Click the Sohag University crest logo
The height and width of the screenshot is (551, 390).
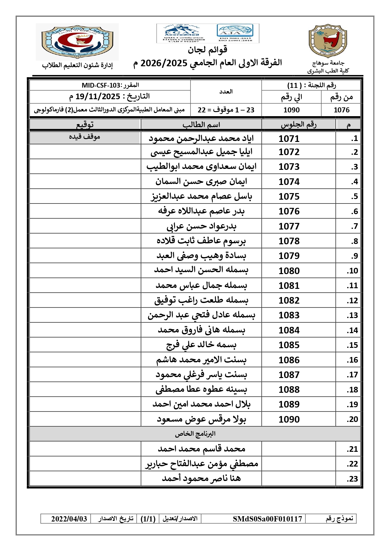[328, 41]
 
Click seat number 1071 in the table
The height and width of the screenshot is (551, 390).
[289, 138]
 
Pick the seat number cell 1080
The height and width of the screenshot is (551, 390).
[289, 271]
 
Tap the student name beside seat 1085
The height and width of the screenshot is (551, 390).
[201, 345]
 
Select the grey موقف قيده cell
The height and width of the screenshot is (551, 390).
[85, 137]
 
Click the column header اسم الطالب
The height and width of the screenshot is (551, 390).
[201, 125]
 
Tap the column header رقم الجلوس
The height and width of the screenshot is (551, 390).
[299, 125]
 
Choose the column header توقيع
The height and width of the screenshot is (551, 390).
[85, 125]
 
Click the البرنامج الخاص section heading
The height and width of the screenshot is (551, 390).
[195, 434]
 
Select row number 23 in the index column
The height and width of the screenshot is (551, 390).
[352, 479]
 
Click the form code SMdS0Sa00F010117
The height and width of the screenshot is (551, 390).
[267, 519]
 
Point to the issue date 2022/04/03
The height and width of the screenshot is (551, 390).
[69, 519]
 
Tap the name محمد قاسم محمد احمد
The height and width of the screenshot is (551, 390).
[201, 449]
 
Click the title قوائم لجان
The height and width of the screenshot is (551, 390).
[207, 50]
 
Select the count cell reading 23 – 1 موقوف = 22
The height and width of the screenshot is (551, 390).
[226, 110]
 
